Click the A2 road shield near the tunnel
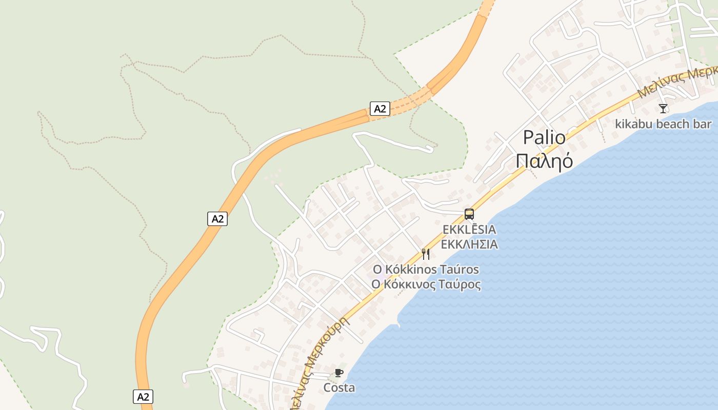pyautogui.click(x=380, y=109)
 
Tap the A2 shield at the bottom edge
pyautogui.click(x=144, y=396)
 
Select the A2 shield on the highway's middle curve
pyautogui.click(x=217, y=219)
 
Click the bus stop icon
pyautogui.click(x=469, y=214)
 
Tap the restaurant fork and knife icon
pyautogui.click(x=425, y=254)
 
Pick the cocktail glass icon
pyautogui.click(x=663, y=109)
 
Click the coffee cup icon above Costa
pyautogui.click(x=338, y=373)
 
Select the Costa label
pyautogui.click(x=339, y=387)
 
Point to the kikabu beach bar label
pyautogui.click(x=663, y=124)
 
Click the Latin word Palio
pyautogui.click(x=544, y=138)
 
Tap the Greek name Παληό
pyautogui.click(x=544, y=161)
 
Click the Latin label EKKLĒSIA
pyautogui.click(x=469, y=229)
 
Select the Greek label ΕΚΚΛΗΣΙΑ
pyautogui.click(x=469, y=244)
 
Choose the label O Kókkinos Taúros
pyautogui.click(x=426, y=270)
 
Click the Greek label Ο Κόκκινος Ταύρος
pyautogui.click(x=426, y=284)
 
